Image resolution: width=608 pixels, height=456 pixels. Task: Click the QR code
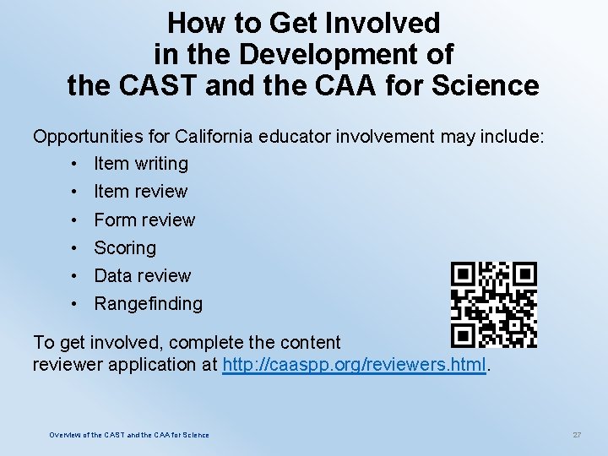[x=494, y=305]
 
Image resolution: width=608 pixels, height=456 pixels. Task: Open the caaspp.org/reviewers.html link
[x=354, y=365]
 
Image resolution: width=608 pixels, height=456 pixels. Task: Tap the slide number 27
[x=577, y=435]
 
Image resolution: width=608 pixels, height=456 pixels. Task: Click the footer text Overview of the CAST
[x=129, y=435]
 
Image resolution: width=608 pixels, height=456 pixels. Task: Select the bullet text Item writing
[x=141, y=163]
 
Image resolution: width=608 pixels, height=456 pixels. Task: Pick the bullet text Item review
[x=141, y=191]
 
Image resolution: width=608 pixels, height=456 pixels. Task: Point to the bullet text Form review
[x=144, y=220]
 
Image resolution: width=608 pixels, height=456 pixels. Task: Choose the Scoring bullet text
[x=125, y=247]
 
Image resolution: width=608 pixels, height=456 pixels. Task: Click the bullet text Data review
[x=143, y=275]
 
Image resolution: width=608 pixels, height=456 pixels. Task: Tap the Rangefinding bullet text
[x=149, y=303]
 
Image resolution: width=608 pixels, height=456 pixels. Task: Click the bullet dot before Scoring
[x=75, y=247]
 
